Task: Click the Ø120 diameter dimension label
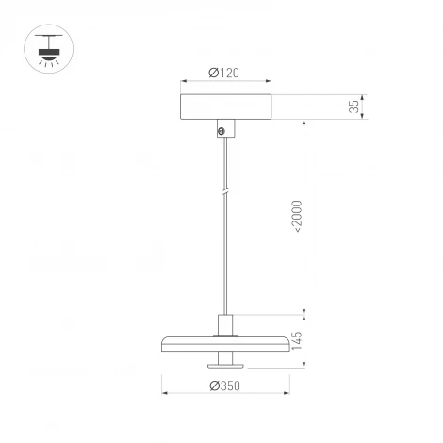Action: pos(225,74)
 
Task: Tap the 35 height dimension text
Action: pos(354,106)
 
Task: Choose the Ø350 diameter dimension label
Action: pos(226,385)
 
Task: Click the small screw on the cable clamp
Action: pos(222,132)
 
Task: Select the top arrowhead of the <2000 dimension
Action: pos(305,122)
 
